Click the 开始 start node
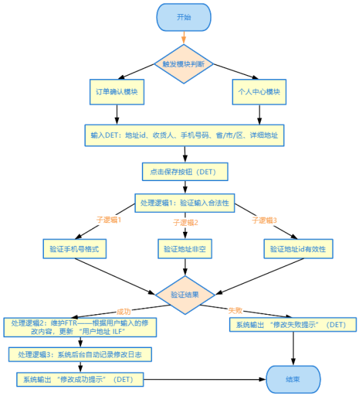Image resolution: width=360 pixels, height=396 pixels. coord(184,18)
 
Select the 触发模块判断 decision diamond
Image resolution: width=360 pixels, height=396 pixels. coord(184,64)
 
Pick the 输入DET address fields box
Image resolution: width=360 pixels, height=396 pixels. coord(184,136)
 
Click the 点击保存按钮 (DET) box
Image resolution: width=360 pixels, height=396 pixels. coord(184,172)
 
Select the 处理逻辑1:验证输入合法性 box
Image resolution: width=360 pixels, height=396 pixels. coord(184,203)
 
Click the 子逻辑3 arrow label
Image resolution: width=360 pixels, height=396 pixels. coord(265,220)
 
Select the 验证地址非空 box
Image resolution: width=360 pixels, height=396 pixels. coord(184,249)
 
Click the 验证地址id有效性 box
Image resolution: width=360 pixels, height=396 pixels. coord(298,249)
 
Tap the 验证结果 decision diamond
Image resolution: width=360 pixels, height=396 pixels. coord(184,295)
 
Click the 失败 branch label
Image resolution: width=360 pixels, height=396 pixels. coord(236,311)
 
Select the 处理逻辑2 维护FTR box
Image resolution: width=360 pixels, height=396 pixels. coord(81,328)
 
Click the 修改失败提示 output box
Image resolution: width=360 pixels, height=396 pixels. coord(292,325)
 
